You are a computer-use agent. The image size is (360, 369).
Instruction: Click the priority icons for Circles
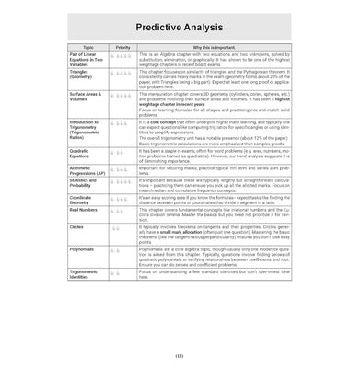click(x=117, y=225)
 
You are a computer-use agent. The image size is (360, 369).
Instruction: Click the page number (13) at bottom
click(x=179, y=356)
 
